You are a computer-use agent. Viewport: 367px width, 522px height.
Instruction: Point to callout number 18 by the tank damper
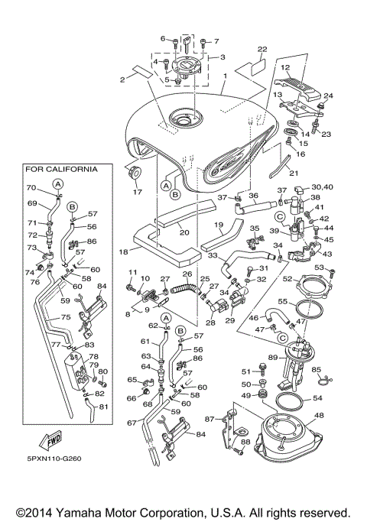click(124, 250)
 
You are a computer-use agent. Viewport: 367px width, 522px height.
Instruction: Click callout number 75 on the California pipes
click(66, 317)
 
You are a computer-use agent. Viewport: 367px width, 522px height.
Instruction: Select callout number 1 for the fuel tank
click(226, 77)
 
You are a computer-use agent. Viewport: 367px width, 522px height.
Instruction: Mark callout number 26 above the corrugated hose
click(187, 274)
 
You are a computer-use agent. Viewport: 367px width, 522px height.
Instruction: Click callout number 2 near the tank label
click(122, 79)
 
